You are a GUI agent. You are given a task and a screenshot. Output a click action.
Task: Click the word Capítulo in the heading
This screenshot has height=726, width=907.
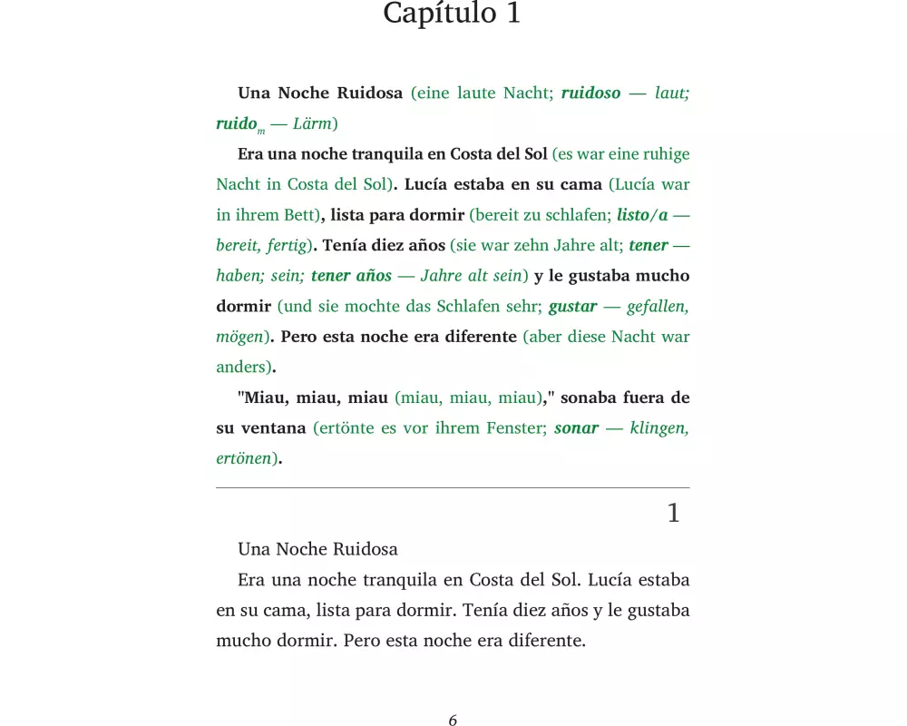click(x=427, y=14)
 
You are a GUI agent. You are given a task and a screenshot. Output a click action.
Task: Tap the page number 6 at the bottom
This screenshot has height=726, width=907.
click(x=453, y=721)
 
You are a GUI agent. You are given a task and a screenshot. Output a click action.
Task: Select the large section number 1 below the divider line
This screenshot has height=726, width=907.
click(x=673, y=514)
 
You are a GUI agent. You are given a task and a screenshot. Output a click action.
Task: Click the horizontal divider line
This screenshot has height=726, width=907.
click(x=453, y=488)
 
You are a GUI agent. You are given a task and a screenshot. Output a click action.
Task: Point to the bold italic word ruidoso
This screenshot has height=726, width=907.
click(x=590, y=93)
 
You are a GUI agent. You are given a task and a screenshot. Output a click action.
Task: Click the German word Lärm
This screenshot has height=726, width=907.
click(x=313, y=123)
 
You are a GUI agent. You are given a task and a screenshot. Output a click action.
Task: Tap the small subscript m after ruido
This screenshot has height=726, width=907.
click(x=261, y=130)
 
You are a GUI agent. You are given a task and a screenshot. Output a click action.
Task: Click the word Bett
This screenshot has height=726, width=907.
click(x=301, y=215)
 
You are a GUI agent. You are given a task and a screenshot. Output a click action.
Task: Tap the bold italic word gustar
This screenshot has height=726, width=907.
click(x=572, y=307)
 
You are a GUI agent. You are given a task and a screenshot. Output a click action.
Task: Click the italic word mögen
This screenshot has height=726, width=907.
click(x=239, y=337)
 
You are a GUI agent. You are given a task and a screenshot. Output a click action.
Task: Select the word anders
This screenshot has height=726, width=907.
click(x=243, y=368)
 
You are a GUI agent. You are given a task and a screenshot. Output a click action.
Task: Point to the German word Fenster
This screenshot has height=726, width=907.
click(x=512, y=428)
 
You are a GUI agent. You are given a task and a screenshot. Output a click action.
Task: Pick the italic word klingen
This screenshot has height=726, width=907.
click(x=658, y=428)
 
